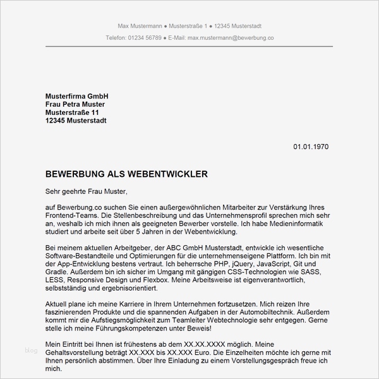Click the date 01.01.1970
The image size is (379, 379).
pyautogui.click(x=310, y=147)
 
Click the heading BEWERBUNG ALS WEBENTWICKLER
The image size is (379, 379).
pyautogui.click(x=126, y=173)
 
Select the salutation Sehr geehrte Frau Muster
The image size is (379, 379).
pyautogui.click(x=87, y=190)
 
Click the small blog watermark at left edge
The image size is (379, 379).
pyautogui.click(x=31, y=349)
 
